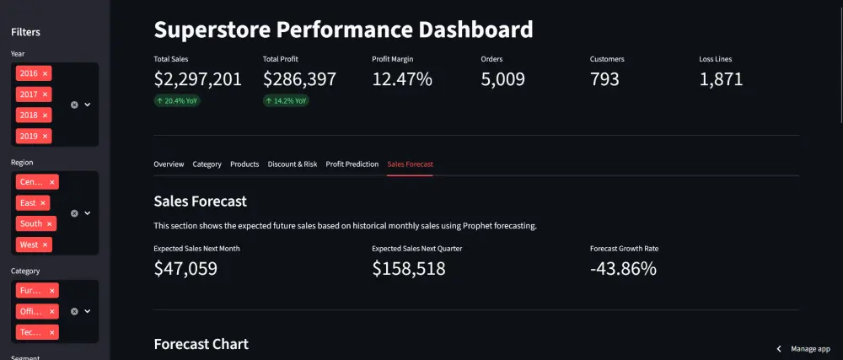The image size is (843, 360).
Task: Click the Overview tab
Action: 169,164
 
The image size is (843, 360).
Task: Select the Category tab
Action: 207,164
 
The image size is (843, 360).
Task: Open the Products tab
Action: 244,164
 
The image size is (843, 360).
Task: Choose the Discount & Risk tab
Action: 293,164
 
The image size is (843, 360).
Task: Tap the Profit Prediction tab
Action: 352,164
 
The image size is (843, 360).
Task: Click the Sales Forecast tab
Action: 411,164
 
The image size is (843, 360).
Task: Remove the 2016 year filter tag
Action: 46,73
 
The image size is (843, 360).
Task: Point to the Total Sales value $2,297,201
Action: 198,79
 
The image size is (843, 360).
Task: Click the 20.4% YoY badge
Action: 177,100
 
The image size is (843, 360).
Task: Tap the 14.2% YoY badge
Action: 287,100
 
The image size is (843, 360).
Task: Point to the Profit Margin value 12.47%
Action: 402,79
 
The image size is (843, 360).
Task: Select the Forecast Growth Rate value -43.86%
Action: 624,269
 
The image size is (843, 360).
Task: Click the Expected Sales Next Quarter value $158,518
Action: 409,269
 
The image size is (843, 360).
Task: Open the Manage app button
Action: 805,348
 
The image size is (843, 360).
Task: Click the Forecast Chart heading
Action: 201,344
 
